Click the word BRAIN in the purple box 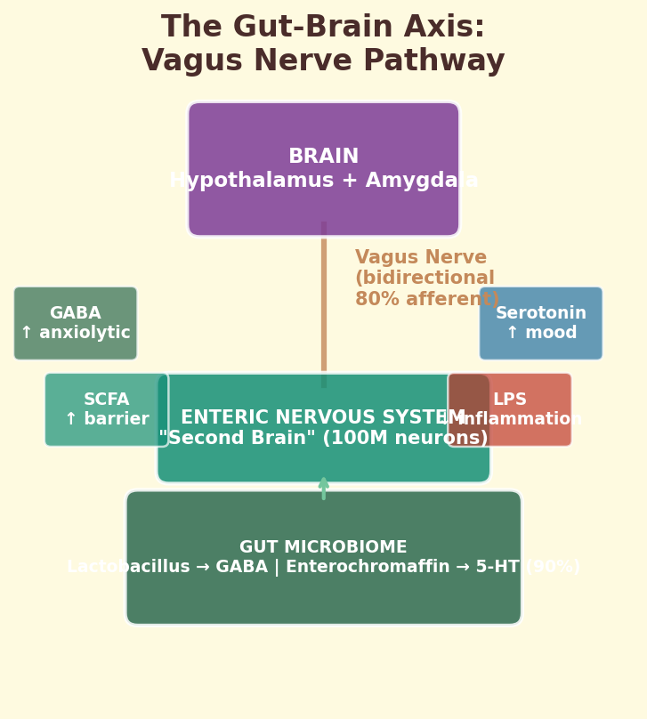pyautogui.click(x=323, y=158)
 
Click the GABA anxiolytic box pyautogui.click(x=76, y=323)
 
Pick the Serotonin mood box pyautogui.click(x=541, y=323)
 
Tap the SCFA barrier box pyautogui.click(x=106, y=409)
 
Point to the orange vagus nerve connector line pyautogui.click(x=324, y=303)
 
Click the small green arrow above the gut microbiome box pyautogui.click(x=324, y=487)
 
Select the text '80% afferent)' pyautogui.click(x=427, y=300)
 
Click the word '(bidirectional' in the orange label pyautogui.click(x=425, y=279)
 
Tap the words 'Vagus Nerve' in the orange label pyautogui.click(x=421, y=258)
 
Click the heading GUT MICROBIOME pyautogui.click(x=323, y=547)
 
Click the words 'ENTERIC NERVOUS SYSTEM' pyautogui.click(x=323, y=418)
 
